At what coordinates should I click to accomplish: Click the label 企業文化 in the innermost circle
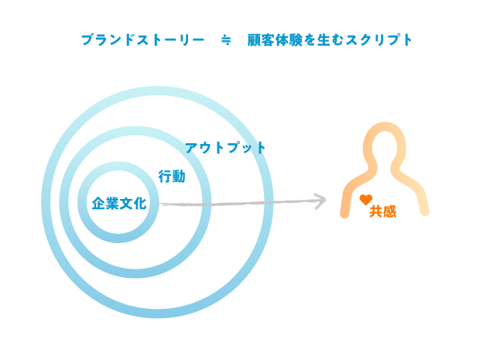pos(119,203)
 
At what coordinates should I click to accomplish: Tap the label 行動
pos(172,177)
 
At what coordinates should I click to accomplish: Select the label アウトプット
pos(225,148)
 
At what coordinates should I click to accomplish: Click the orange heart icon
pos(366,200)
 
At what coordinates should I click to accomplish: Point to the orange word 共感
pos(383,211)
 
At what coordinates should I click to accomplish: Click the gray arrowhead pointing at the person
pos(320,201)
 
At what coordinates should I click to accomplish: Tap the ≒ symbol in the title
pos(226,40)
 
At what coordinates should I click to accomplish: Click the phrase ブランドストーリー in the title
pos(142,40)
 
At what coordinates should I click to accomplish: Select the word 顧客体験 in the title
pos(275,40)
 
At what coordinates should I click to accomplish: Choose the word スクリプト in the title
pos(379,40)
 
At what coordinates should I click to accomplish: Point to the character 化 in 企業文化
pos(140,203)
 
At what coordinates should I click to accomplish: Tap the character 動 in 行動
pos(179,177)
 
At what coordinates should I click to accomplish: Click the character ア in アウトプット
pos(191,148)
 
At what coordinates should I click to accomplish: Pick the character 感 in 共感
pos(389,211)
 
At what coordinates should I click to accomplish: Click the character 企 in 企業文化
pos(98,203)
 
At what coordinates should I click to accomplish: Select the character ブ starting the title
pos(87,40)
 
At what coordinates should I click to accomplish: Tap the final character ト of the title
pos(407,40)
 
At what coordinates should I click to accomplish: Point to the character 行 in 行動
pos(165,177)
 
